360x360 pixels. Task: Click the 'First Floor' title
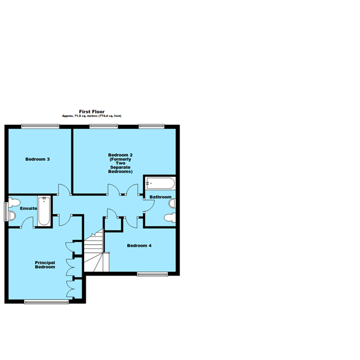click(x=92, y=111)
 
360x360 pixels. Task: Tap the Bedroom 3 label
click(x=37, y=159)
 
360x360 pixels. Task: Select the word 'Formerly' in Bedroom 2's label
click(x=121, y=159)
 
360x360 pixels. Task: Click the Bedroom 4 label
click(x=138, y=245)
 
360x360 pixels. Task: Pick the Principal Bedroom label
click(x=45, y=265)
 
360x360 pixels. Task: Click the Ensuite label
click(x=28, y=208)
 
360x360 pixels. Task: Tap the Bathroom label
click(x=160, y=197)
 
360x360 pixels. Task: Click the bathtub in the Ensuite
click(x=44, y=211)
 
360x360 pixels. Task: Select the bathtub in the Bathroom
click(x=160, y=183)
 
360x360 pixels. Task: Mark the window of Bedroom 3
click(x=40, y=125)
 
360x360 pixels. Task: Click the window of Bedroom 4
click(x=152, y=274)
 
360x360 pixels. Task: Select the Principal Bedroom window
click(x=46, y=302)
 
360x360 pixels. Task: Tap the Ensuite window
click(x=6, y=211)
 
